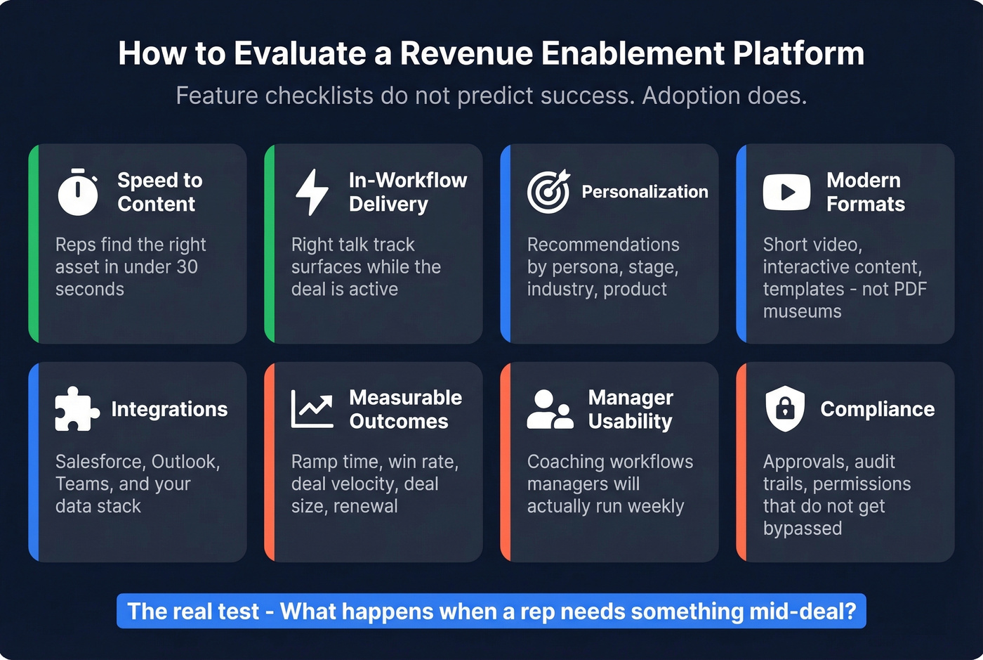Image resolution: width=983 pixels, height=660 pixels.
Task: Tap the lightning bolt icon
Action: click(312, 192)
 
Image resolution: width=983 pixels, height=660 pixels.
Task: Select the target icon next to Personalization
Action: click(548, 191)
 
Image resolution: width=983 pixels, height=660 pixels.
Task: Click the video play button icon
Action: click(786, 192)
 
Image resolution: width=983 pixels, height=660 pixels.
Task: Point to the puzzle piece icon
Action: click(77, 409)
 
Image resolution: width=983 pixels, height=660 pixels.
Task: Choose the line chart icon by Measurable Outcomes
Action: click(312, 409)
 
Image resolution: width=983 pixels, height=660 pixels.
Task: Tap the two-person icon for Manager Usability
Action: click(550, 409)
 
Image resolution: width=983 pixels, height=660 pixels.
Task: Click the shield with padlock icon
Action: click(785, 408)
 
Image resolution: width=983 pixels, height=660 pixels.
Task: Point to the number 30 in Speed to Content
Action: click(187, 267)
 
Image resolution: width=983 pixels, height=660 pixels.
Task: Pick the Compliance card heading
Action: click(877, 409)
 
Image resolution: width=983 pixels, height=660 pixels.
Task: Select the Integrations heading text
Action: click(169, 409)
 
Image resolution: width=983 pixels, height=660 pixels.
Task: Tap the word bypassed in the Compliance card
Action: click(802, 529)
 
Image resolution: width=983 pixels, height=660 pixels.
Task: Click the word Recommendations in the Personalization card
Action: click(603, 245)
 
